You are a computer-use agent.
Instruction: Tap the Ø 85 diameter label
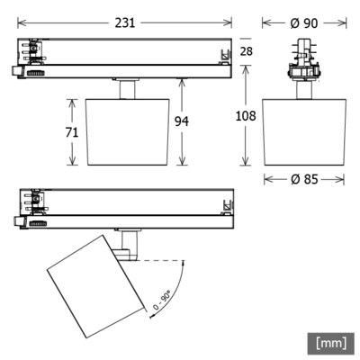(304, 178)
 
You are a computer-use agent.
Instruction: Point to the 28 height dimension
(247, 51)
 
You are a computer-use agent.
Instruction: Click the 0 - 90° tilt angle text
(163, 298)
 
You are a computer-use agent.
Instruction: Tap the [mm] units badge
(332, 342)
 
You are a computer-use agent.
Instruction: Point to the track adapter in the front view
(304, 63)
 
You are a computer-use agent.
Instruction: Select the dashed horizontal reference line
(160, 261)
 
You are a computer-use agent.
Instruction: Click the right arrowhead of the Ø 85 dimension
(342, 178)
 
